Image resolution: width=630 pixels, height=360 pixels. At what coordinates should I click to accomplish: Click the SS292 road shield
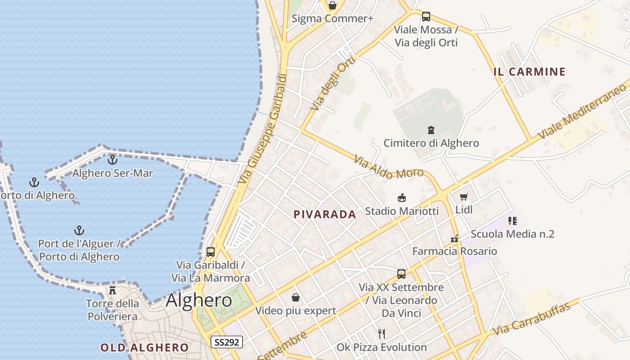pos(227,342)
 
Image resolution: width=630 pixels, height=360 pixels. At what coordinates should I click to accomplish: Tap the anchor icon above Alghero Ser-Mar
pos(112,160)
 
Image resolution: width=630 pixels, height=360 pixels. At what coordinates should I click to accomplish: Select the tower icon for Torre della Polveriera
pos(112,290)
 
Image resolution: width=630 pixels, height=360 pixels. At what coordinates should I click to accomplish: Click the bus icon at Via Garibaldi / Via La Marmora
pos(211,252)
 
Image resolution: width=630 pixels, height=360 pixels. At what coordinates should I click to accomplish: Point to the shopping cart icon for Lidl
pos(464,197)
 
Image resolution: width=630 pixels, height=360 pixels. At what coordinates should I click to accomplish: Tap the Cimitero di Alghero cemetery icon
pos(431,130)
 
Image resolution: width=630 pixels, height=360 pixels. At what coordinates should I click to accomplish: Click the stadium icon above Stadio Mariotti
pos(402,198)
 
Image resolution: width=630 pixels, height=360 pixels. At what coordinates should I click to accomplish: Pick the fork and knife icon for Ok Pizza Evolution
pos(382,333)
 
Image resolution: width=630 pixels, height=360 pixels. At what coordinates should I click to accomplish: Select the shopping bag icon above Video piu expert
pos(296,297)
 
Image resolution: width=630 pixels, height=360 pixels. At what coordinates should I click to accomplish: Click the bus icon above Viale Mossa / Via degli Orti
pos(426,17)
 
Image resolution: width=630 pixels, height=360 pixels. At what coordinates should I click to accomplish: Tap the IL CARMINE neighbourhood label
pos(529,72)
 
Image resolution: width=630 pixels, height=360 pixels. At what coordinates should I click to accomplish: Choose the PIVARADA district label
pos(325,215)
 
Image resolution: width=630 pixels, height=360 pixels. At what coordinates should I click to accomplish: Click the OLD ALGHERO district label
pos(144,347)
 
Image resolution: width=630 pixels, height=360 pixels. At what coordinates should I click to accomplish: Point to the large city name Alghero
pos(199,300)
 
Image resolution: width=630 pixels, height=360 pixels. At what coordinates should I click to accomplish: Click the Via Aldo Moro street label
pos(388,167)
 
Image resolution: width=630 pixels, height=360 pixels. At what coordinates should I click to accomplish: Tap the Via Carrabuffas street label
pos(531,319)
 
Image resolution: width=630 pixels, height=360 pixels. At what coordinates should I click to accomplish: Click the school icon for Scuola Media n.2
pos(512,221)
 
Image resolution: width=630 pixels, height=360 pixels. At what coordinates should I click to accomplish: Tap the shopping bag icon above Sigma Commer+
pos(333,5)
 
